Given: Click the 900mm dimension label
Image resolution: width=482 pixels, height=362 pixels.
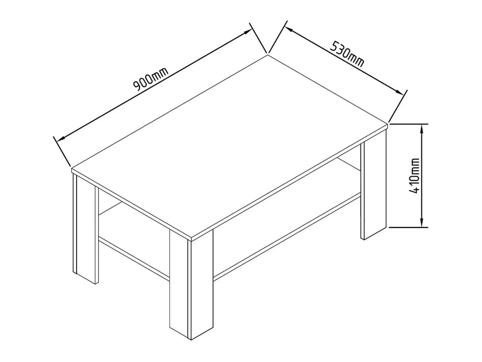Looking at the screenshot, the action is (151, 79).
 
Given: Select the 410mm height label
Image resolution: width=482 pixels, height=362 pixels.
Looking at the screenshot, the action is (415, 176).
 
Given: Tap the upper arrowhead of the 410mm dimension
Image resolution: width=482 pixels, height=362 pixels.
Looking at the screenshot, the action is (421, 130).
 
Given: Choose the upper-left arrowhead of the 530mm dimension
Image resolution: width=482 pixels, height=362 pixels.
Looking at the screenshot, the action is (290, 30).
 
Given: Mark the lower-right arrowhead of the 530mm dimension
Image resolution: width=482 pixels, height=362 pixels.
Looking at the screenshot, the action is (398, 92).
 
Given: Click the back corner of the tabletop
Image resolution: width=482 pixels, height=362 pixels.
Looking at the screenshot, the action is (268, 55).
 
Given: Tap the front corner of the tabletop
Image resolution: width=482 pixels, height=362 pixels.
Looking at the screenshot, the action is (192, 238).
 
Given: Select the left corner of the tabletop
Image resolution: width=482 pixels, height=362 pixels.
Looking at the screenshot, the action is (72, 169).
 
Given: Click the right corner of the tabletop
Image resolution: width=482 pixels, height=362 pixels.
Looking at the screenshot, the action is (388, 124).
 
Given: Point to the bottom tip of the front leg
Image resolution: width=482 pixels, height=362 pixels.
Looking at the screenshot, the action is (191, 340).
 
